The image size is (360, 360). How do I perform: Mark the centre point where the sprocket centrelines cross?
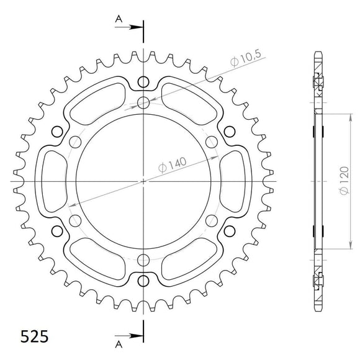pyautogui.click(x=144, y=182)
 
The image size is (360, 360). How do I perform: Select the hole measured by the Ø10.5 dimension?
pyautogui.click(x=144, y=102)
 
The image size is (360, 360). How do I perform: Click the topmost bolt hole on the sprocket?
pyautogui.click(x=144, y=81)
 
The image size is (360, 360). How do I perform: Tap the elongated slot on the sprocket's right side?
pyautogui.click(x=233, y=182)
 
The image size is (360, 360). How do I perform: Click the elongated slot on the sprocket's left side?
pyautogui.click(x=55, y=182)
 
